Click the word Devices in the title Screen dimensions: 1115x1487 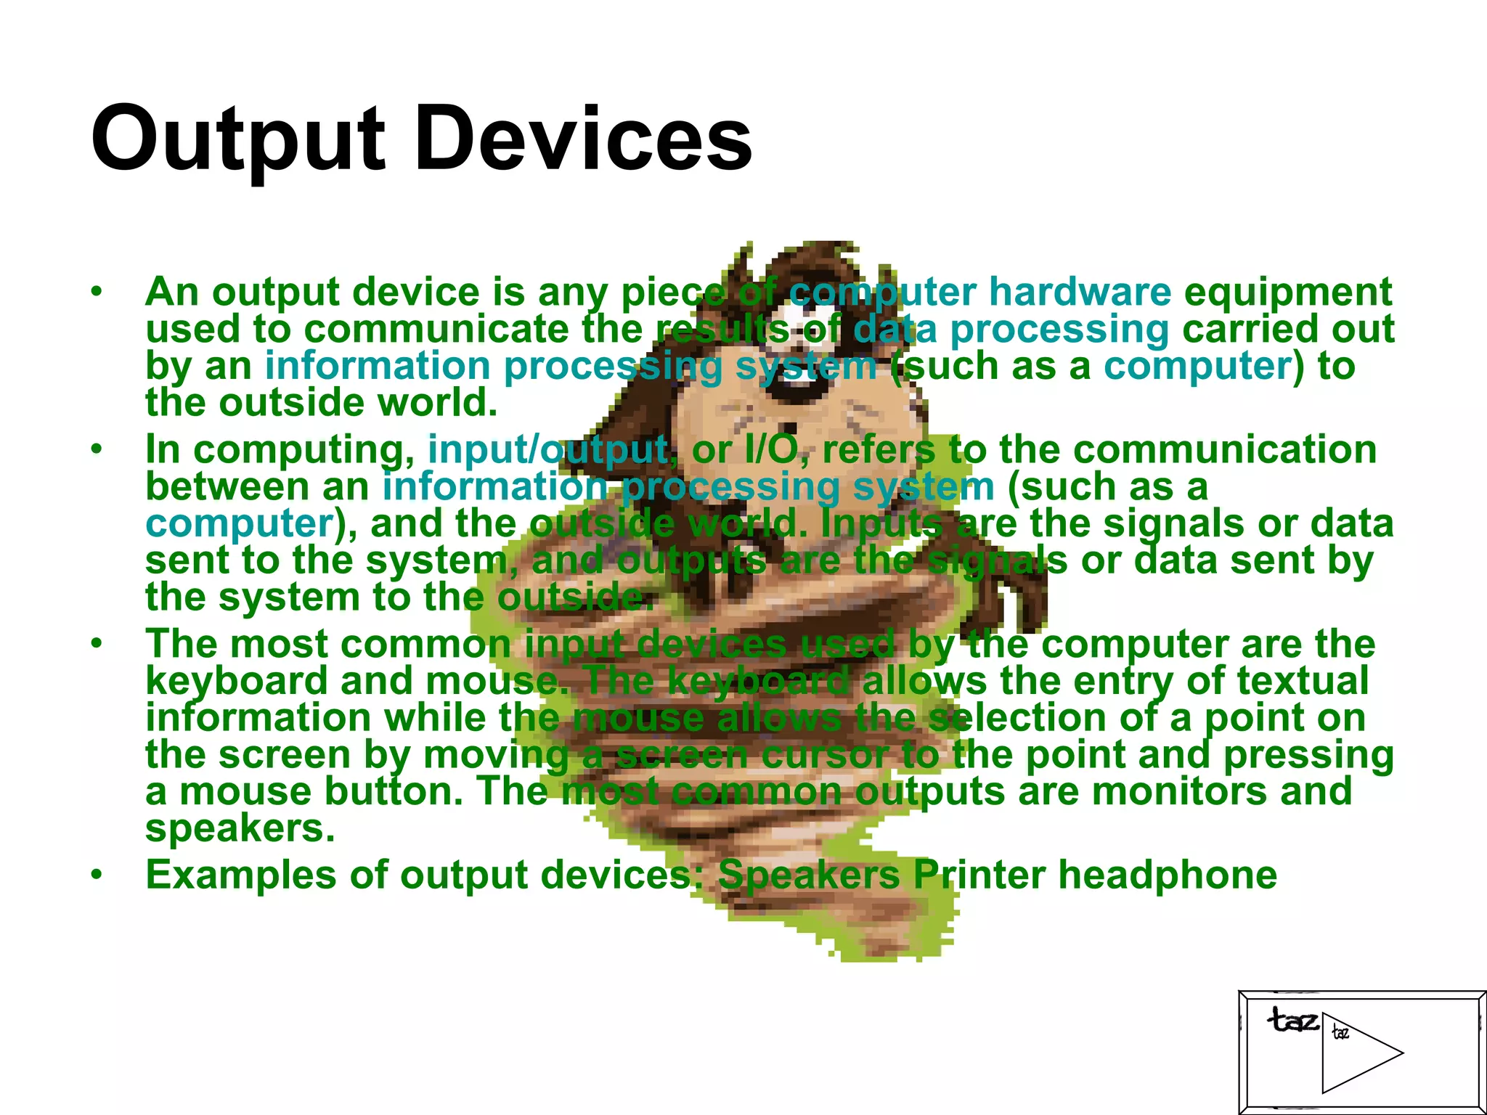[x=584, y=139]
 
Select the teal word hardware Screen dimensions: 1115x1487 [x=1080, y=292]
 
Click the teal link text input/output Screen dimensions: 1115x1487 [x=548, y=449]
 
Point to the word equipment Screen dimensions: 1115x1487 [x=1288, y=293]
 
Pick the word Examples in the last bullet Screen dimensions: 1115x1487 [x=240, y=875]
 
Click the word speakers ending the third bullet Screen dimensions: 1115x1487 [x=240, y=828]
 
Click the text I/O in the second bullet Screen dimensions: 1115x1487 [x=772, y=449]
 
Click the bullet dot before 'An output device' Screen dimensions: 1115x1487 [x=97, y=292]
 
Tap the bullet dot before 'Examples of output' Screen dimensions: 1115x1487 [x=97, y=875]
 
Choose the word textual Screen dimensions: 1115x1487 [x=1303, y=681]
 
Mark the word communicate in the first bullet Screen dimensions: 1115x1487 [x=436, y=329]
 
